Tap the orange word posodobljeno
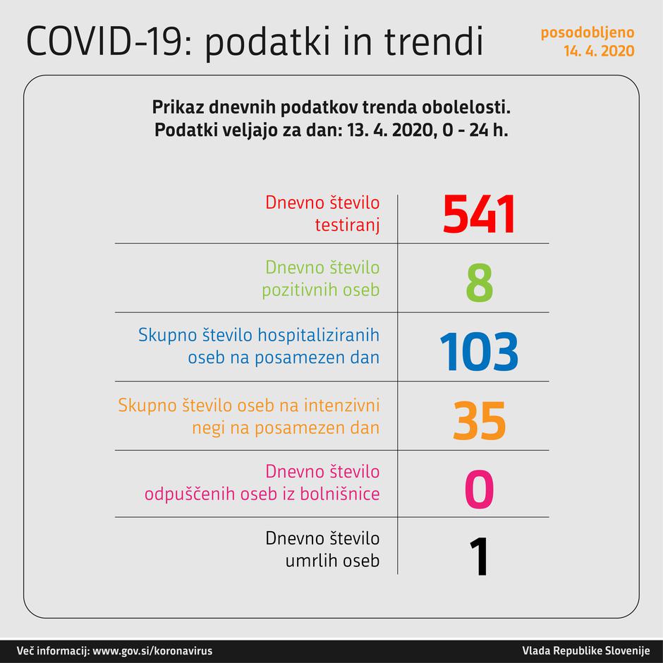pos(587,32)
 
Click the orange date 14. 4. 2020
pos(598,51)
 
